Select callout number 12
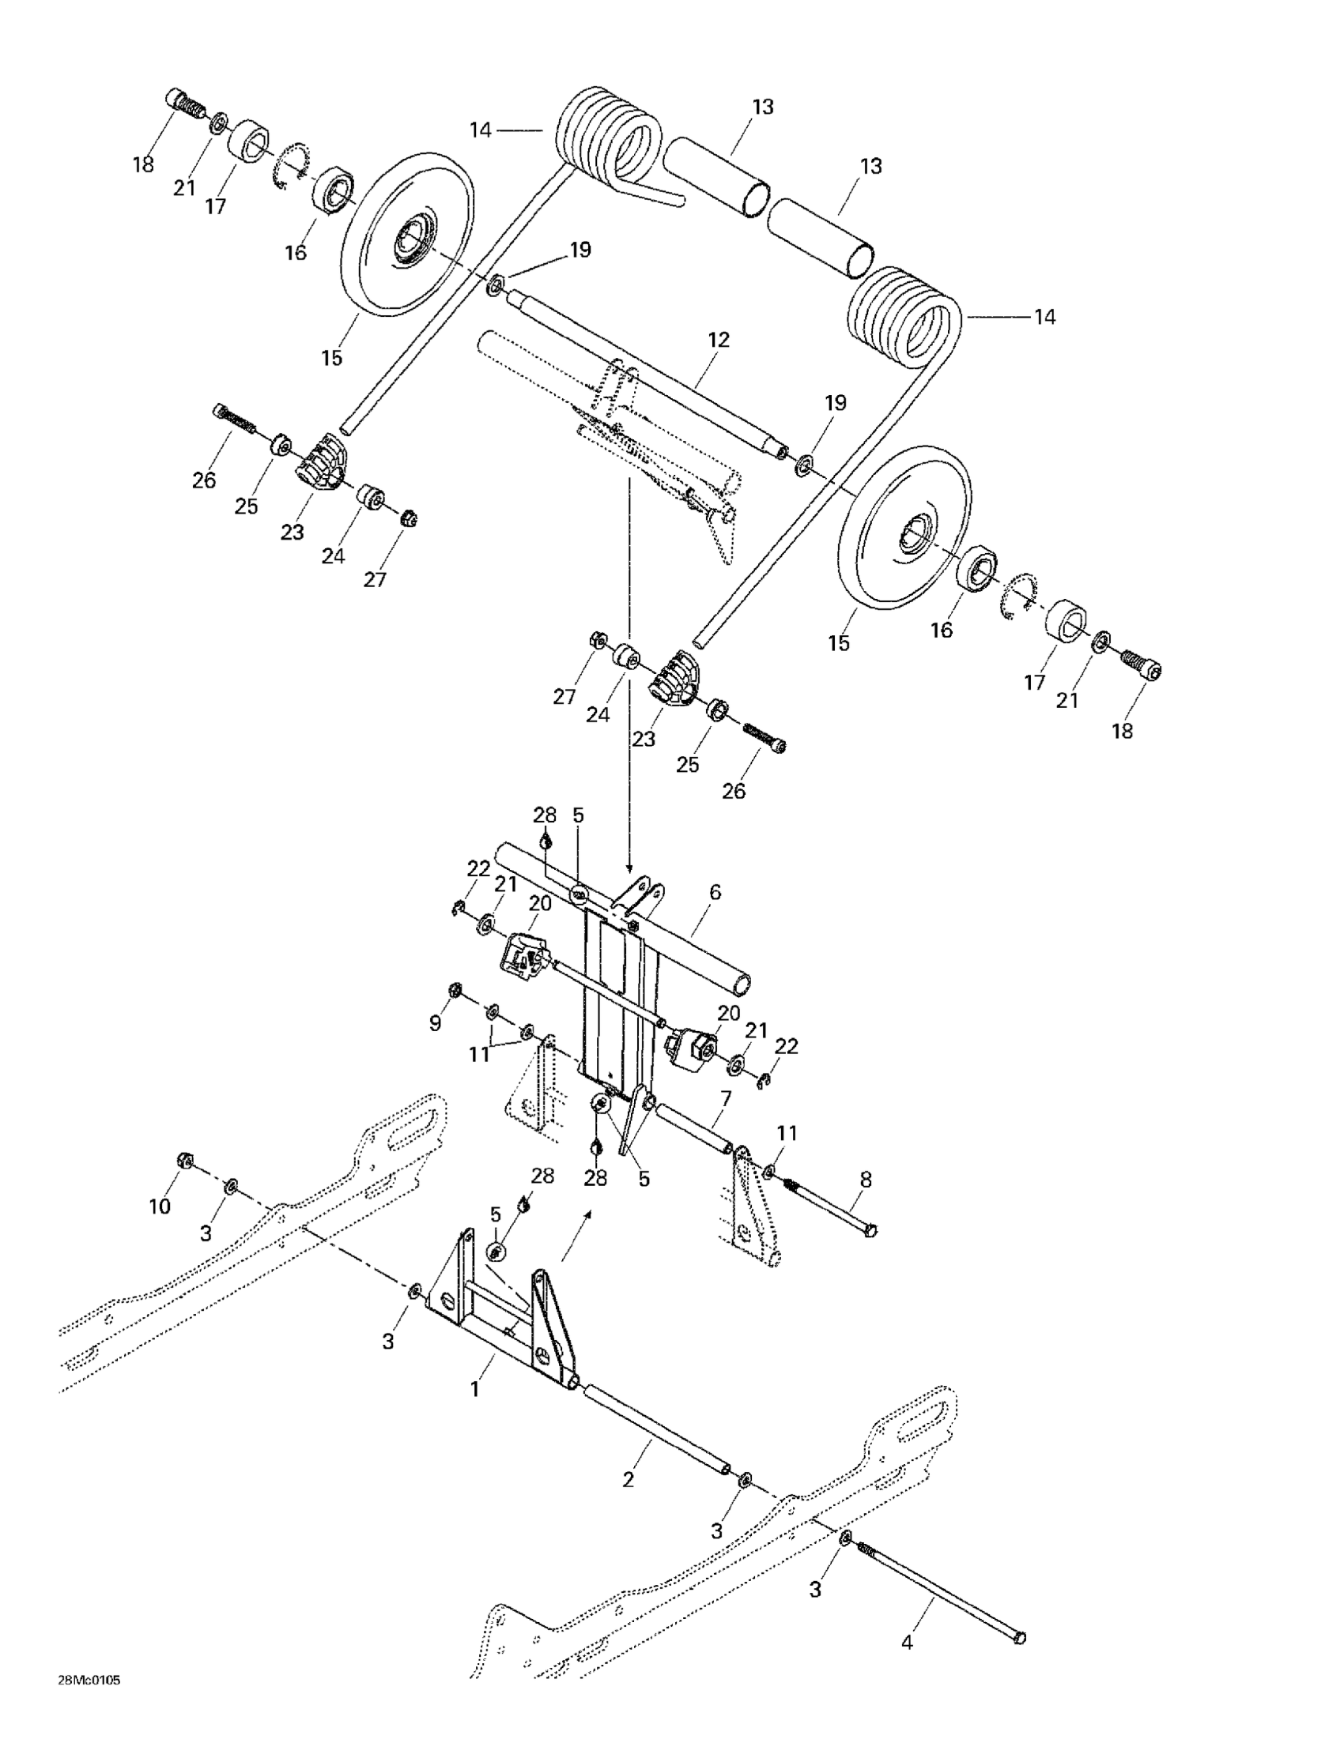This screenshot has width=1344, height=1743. pos(718,340)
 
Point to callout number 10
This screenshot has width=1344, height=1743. pos(160,1206)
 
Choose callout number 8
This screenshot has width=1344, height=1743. pos(866,1179)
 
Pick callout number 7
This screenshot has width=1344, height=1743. pos(724,1098)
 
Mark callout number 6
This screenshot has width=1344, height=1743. pos(715,891)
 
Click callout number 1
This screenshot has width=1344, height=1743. pos(474,1389)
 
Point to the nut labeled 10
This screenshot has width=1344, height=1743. pos(183,1161)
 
